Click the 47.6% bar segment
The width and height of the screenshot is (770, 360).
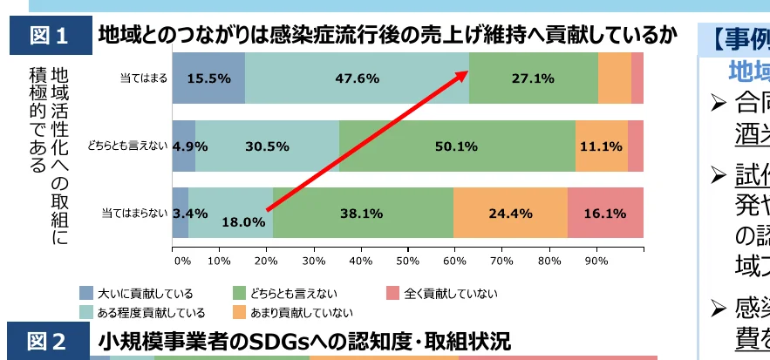tap(357, 78)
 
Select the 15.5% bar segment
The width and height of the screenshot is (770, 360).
tap(208, 78)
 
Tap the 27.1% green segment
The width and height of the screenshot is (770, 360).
tap(533, 78)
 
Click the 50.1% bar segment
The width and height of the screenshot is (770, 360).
tap(457, 146)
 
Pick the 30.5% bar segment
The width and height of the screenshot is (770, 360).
tap(267, 146)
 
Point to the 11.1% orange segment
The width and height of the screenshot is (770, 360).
tap(601, 146)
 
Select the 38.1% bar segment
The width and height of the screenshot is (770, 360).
tap(363, 213)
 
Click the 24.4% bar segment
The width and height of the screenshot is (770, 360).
tap(510, 213)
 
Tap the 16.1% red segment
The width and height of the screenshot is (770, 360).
tap(605, 213)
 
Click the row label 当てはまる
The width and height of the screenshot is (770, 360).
tap(143, 78)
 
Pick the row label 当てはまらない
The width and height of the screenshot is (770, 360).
tap(134, 213)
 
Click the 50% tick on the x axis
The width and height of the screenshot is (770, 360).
tap(407, 260)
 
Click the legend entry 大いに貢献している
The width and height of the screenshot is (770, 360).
tap(136, 294)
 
